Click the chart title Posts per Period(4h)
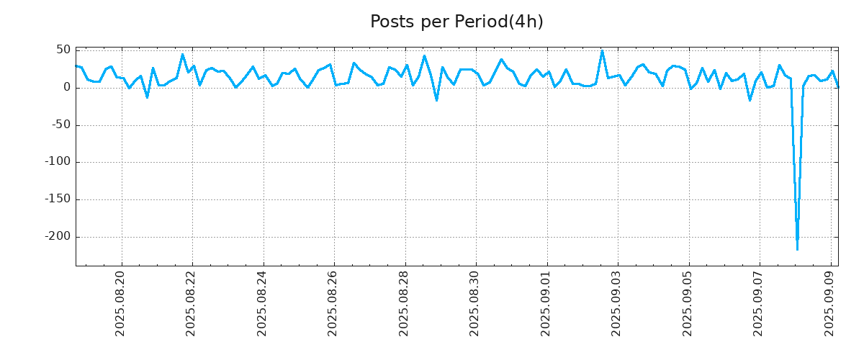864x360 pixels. pos(456,22)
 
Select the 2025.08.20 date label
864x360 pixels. pos(121,303)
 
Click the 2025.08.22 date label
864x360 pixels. pos(192,303)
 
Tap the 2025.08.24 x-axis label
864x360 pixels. pos(263,303)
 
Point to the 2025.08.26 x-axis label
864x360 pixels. pos(333,303)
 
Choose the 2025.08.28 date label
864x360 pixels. pos(405,303)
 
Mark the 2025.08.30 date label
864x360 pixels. pos(475,303)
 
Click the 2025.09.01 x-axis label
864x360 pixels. pos(546,303)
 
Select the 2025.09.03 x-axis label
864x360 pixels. pos(617,303)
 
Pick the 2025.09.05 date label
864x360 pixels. pos(688,303)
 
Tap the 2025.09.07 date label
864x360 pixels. pos(759,303)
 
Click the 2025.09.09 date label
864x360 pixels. pos(830,303)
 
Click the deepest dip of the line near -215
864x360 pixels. pos(797,248)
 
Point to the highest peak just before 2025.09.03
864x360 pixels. pos(602,51)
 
